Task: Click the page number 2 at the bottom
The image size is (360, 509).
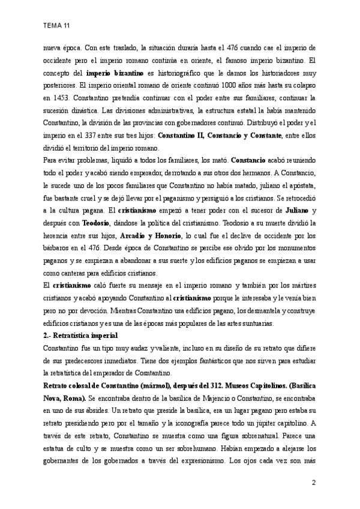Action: pyautogui.click(x=313, y=483)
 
